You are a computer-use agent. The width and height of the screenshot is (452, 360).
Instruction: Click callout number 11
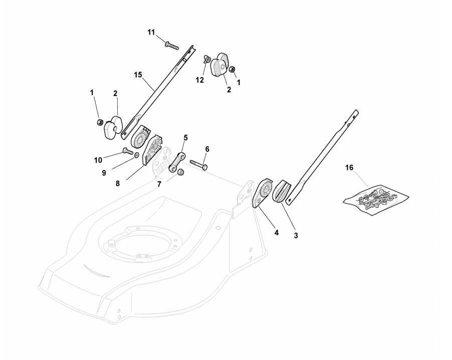pos(151,32)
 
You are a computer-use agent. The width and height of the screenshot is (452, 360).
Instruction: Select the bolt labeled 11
pos(171,45)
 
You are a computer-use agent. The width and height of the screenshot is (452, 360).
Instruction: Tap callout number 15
pos(138,75)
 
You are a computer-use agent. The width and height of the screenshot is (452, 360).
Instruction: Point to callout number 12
pos(200,80)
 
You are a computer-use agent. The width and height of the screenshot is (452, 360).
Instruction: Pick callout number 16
pos(349,168)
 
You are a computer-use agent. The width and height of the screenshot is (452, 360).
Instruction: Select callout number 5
pos(185,137)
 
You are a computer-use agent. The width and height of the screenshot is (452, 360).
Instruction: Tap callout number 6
pos(207,149)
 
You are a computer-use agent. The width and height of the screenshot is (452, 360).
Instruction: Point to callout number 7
pos(159,184)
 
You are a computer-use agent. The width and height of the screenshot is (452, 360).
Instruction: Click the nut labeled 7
pos(181,172)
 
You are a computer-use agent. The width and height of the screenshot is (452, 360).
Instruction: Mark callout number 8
pos(118,183)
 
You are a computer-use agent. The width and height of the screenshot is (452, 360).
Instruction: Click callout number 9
pos(105,172)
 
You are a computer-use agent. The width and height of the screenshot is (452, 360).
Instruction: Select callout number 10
pos(98,160)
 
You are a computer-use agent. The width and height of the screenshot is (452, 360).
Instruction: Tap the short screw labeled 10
pos(127,150)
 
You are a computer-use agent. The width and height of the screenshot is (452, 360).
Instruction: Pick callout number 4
pos(276,232)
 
